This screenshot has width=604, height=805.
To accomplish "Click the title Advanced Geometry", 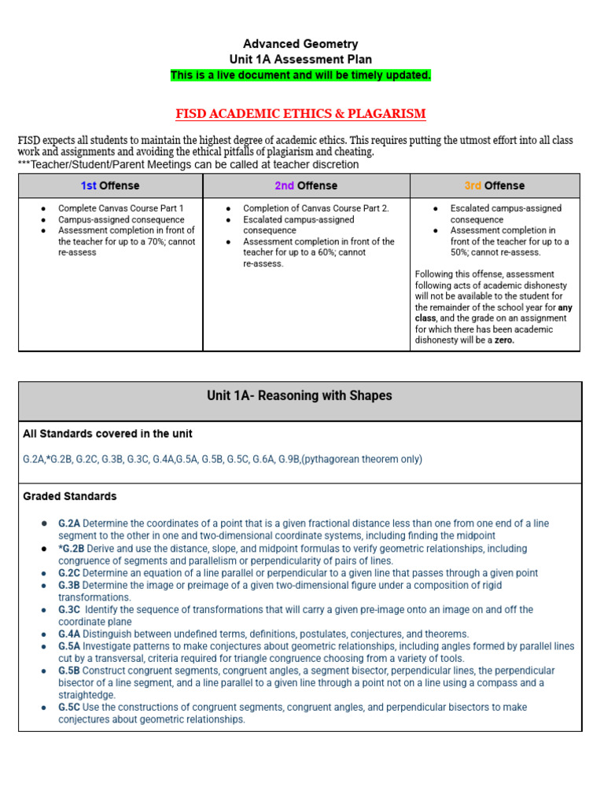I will pos(300,44).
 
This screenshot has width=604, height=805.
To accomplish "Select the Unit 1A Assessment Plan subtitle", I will pos(300,60).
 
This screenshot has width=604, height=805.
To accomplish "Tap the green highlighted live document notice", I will pos(300,75).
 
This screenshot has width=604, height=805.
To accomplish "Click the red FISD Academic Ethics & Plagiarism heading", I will pos(300,114).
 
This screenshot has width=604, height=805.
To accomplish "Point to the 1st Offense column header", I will pos(110,186).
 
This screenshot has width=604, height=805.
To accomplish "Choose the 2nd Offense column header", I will pos(306,186).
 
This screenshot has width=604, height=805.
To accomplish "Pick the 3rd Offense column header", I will pos(495,186).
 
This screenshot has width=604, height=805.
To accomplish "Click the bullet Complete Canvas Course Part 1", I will pos(120,208).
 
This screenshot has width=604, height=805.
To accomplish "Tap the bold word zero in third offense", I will pos(503,340).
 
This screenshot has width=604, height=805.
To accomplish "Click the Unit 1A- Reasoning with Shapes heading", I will pos(300,396).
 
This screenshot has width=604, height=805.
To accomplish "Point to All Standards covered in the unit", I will pos(108,434).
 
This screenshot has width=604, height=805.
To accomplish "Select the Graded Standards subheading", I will pos(70,497).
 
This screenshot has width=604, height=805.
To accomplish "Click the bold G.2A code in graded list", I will pos(69,524).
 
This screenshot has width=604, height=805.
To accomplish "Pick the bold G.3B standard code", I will pos(69,586).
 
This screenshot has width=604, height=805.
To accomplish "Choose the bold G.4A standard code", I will pos(69,634).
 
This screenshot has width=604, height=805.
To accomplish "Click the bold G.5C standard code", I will pos(69,708).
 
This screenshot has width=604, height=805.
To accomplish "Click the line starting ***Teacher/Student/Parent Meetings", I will pos(188,164).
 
